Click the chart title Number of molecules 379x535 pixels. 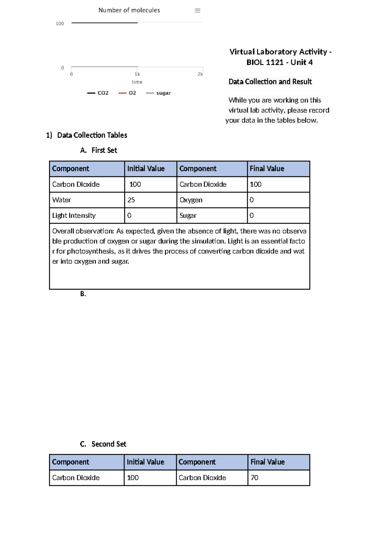pyautogui.click(x=129, y=10)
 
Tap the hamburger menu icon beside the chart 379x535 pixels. pyautogui.click(x=197, y=10)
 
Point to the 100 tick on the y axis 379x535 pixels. pyautogui.click(x=60, y=24)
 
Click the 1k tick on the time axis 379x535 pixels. pyautogui.click(x=137, y=74)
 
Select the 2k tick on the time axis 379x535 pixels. pyautogui.click(x=200, y=74)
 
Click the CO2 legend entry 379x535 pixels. pyautogui.click(x=98, y=93)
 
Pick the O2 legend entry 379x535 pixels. pyautogui.click(x=128, y=93)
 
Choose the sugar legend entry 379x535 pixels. pyautogui.click(x=159, y=93)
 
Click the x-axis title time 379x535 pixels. pyautogui.click(x=137, y=82)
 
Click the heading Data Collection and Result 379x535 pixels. pyautogui.click(x=270, y=82)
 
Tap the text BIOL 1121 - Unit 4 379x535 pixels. pyautogui.click(x=280, y=62)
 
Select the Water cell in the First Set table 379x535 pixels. pyautogui.click(x=62, y=200)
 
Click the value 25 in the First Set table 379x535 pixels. pyautogui.click(x=131, y=200)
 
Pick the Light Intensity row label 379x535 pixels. pyautogui.click(x=74, y=215)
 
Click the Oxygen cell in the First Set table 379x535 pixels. pyautogui.click(x=191, y=200)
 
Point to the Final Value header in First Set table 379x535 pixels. pyautogui.click(x=267, y=169)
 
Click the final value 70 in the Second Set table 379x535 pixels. pyautogui.click(x=255, y=478)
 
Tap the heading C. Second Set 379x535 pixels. pyautogui.click(x=103, y=444)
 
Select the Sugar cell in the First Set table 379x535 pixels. pyautogui.click(x=188, y=215)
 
